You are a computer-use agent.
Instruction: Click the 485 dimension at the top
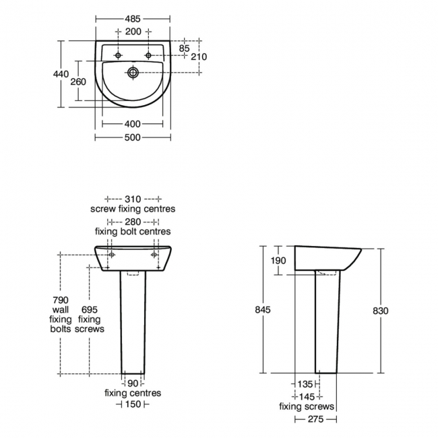pos(132,20)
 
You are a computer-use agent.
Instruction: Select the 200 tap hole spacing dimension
pos(133,32)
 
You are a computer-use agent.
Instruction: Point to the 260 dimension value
pos(78,82)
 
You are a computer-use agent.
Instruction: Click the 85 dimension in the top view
pos(184,48)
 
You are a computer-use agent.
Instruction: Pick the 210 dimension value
pos(198,57)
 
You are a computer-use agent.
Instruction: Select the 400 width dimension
pos(133,124)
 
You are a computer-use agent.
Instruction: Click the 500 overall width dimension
pos(132,137)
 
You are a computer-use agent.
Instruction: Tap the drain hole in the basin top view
pos(133,71)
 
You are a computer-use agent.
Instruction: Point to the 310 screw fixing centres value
pos(133,199)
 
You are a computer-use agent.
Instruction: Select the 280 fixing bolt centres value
pos(133,222)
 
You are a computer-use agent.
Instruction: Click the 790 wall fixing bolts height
pos(60,299)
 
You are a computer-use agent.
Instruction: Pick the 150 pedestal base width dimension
pos(133,404)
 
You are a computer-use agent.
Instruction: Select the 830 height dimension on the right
pos(381,310)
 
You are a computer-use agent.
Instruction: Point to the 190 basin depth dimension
pos(279,261)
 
